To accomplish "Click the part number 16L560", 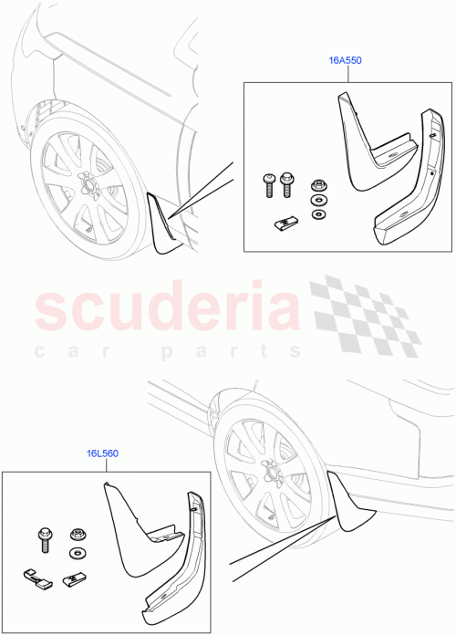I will (103, 453).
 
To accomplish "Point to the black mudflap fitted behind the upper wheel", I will (164, 224).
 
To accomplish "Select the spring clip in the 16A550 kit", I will (285, 222).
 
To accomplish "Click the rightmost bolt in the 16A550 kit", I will (288, 182).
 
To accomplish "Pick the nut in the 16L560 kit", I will (75, 535).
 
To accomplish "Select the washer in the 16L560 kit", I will (75, 555).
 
